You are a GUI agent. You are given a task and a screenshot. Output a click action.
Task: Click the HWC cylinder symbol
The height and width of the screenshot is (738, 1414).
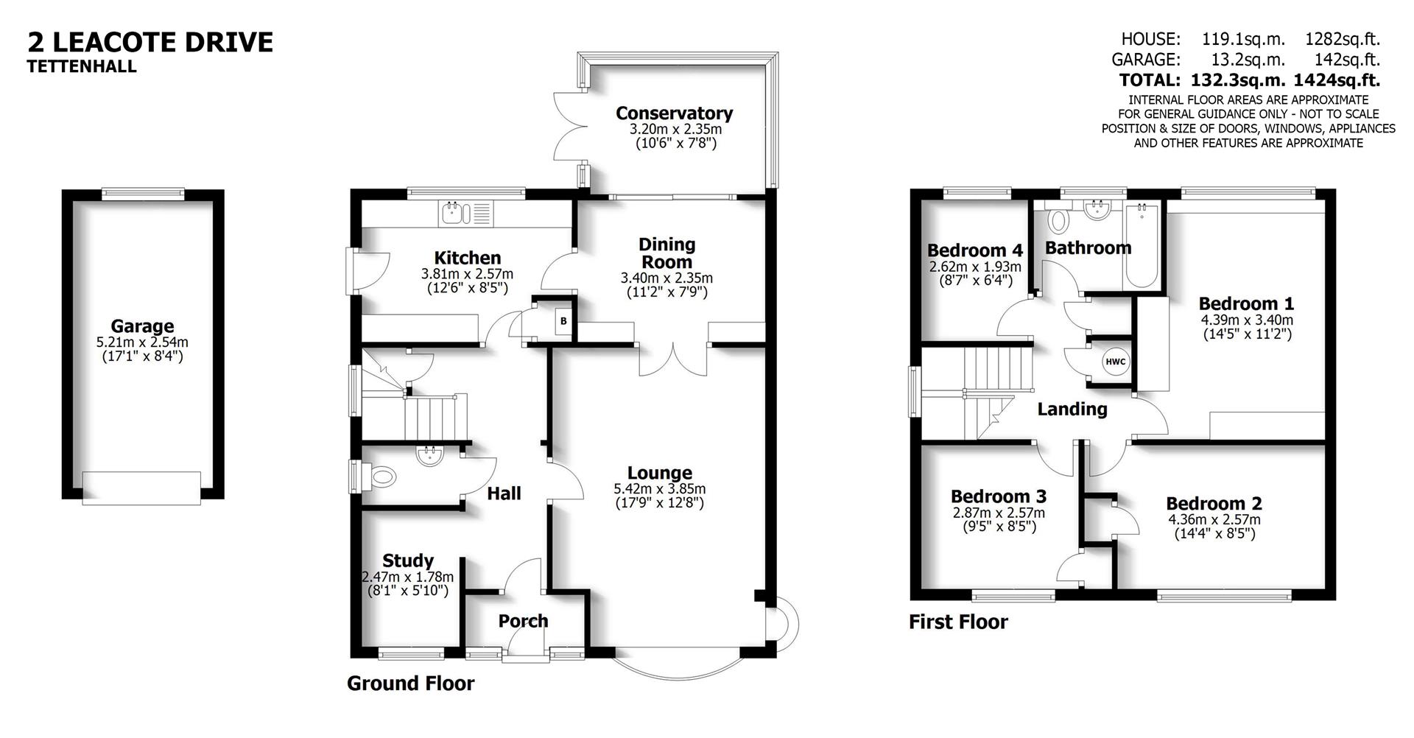(1115, 362)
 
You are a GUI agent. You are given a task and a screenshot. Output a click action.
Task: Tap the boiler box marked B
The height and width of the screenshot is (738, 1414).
(563, 321)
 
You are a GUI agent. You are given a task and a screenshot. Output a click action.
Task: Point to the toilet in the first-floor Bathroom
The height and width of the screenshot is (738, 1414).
(1058, 219)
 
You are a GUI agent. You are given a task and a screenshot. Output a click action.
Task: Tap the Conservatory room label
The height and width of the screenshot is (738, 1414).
(674, 113)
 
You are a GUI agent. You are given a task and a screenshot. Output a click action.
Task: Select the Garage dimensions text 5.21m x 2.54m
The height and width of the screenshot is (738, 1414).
(142, 342)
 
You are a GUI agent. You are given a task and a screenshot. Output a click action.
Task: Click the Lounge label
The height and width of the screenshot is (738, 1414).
(659, 473)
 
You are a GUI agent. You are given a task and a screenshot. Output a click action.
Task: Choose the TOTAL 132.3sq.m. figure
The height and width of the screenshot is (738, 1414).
(1234, 80)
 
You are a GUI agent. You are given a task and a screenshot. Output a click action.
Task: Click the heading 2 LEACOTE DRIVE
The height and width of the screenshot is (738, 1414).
(150, 41)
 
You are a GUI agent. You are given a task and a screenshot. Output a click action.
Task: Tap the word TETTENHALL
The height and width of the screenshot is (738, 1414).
(82, 66)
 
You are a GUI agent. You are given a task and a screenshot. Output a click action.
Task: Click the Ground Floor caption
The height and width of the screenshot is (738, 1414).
(410, 683)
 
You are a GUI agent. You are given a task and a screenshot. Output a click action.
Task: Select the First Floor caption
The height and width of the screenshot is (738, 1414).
(957, 622)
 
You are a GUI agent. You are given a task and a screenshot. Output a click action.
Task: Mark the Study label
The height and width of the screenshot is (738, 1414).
(407, 560)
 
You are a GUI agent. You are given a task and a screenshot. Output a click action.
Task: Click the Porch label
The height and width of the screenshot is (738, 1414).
(523, 621)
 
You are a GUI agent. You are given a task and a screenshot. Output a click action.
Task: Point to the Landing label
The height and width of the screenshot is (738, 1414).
(1072, 409)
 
